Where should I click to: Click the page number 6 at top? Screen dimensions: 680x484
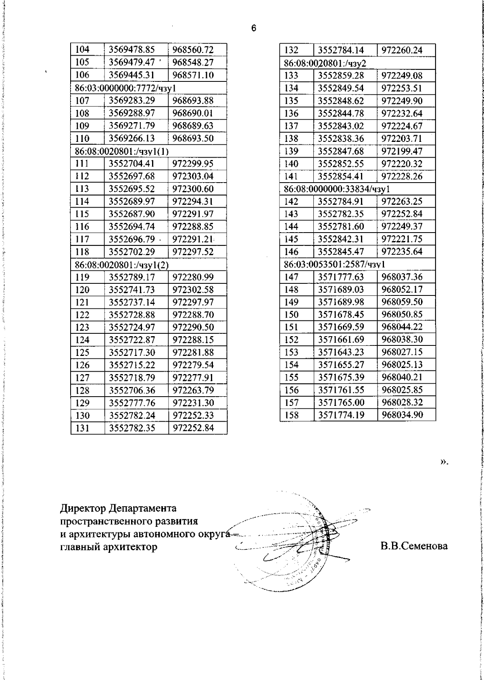[x=253, y=28]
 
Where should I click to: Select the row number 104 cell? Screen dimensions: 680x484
[x=82, y=50]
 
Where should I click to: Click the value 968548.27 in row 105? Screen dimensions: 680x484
[x=193, y=62]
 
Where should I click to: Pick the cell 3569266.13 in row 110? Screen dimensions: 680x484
[x=132, y=138]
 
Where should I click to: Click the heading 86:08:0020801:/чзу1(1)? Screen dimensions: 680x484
[x=122, y=151]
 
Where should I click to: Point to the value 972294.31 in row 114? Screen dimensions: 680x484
[x=193, y=201]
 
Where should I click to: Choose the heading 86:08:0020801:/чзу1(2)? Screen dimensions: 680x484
[x=122, y=264]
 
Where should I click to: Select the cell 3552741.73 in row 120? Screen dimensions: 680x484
[x=132, y=289]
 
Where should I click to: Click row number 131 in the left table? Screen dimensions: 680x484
[x=82, y=428]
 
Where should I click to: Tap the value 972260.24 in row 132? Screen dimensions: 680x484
[x=402, y=50]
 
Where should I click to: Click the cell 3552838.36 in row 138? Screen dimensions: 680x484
[x=341, y=139]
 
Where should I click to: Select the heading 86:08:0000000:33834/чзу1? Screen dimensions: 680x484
[x=337, y=189]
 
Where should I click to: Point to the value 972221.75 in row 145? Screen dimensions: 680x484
[x=402, y=239]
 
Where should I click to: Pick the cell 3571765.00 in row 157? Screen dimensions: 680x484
[x=341, y=402]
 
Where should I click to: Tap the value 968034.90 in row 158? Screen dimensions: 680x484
[x=402, y=415]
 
